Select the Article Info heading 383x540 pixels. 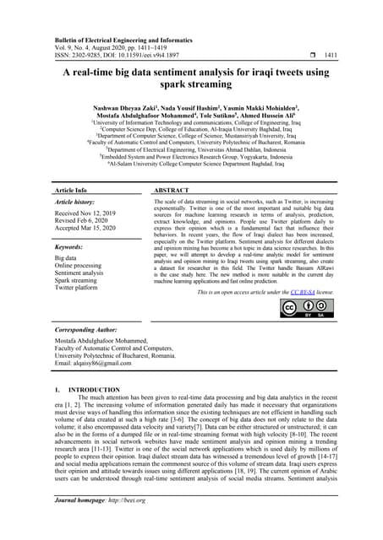click(74, 192)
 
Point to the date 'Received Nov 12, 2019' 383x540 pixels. click(85, 214)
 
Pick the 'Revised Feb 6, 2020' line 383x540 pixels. click(82, 222)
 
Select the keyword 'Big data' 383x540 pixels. click(66, 257)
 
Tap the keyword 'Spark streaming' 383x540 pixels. click(79, 280)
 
